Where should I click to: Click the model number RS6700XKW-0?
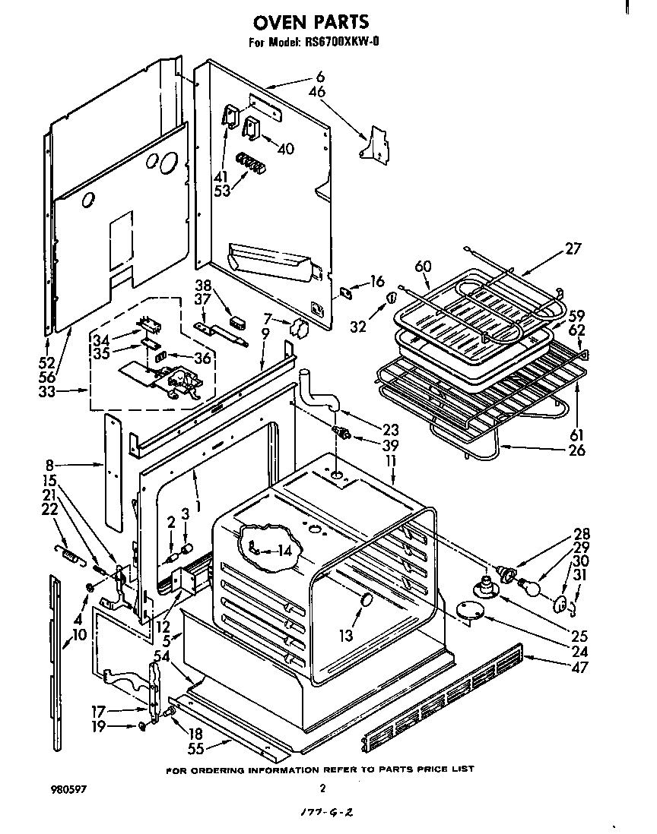pyautogui.click(x=338, y=43)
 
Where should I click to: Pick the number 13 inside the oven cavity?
pyautogui.click(x=346, y=636)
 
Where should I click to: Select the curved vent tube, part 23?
pyautogui.click(x=321, y=393)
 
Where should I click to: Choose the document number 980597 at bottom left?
pyautogui.click(x=68, y=789)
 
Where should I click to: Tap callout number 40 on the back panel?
pyautogui.click(x=284, y=149)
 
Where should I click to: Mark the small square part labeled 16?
pyautogui.click(x=348, y=291)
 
